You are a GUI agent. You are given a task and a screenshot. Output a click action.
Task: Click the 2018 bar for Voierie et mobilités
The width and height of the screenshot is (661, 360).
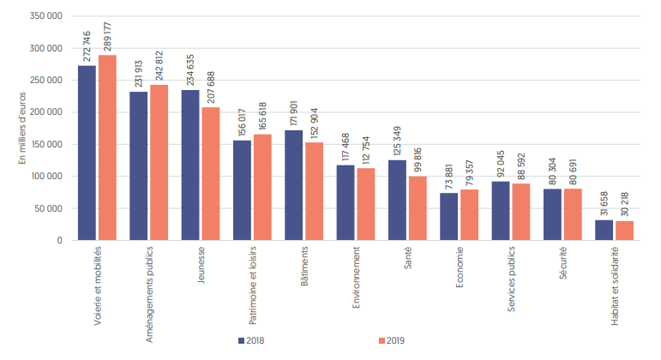[87, 153]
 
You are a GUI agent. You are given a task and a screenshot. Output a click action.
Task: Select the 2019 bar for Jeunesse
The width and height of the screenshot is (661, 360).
[211, 173]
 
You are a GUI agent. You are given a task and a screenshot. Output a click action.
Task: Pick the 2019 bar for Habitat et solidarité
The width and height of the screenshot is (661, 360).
[625, 231]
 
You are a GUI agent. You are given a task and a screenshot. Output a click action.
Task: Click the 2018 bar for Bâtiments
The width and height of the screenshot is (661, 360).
[293, 185]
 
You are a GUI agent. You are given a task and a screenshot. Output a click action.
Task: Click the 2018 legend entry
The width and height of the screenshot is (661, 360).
[251, 340]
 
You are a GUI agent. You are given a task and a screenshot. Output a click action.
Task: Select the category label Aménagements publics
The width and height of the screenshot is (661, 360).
[138, 291]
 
